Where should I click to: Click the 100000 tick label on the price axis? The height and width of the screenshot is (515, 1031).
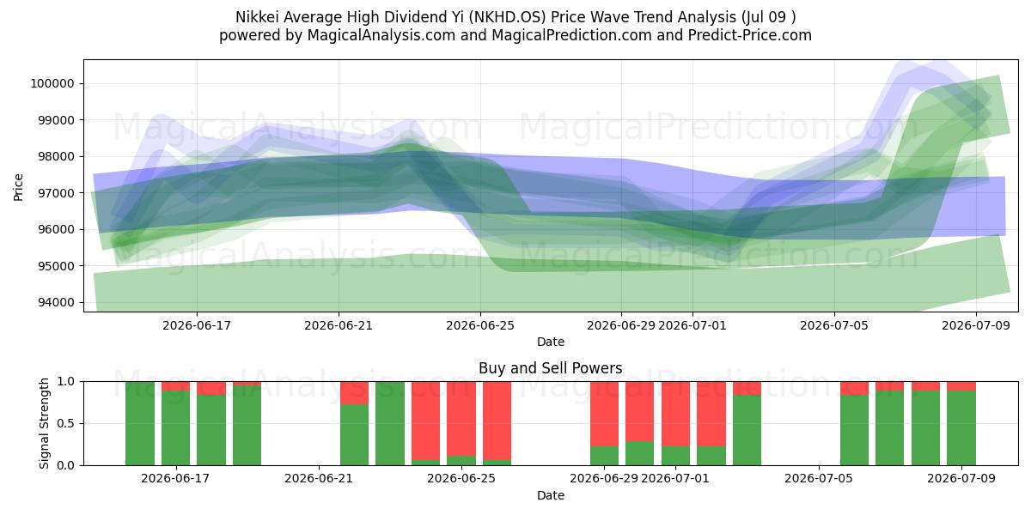(x=52, y=84)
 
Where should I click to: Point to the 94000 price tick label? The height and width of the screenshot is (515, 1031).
(x=55, y=302)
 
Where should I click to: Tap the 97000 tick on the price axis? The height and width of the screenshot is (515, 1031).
(x=55, y=193)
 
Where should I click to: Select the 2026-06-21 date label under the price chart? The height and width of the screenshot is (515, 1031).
(x=339, y=325)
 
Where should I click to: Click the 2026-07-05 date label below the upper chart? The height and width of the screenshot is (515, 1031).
(x=834, y=325)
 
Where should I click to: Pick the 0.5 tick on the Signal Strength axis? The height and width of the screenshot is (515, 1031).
(x=66, y=423)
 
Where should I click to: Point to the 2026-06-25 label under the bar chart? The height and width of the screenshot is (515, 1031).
(x=461, y=478)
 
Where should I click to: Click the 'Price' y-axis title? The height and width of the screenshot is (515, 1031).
(x=18, y=187)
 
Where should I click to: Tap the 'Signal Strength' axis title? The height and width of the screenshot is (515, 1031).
(x=44, y=423)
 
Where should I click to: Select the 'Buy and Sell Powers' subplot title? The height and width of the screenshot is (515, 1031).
(x=551, y=368)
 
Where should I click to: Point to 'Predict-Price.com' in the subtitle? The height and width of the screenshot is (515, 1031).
(x=750, y=35)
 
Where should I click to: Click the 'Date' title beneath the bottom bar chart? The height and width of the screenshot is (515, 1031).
(x=551, y=495)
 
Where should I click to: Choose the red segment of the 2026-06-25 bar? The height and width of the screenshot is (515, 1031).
(x=461, y=419)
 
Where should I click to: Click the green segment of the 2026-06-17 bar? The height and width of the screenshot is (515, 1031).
(x=175, y=427)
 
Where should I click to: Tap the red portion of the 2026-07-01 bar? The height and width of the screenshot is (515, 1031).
(x=675, y=414)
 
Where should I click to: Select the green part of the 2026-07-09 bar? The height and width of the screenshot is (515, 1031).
(x=961, y=427)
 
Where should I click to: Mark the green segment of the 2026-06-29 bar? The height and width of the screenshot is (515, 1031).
(x=604, y=456)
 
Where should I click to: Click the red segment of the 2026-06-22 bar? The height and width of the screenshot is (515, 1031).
(x=354, y=393)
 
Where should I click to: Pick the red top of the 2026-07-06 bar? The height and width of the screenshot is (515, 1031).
(x=854, y=388)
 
